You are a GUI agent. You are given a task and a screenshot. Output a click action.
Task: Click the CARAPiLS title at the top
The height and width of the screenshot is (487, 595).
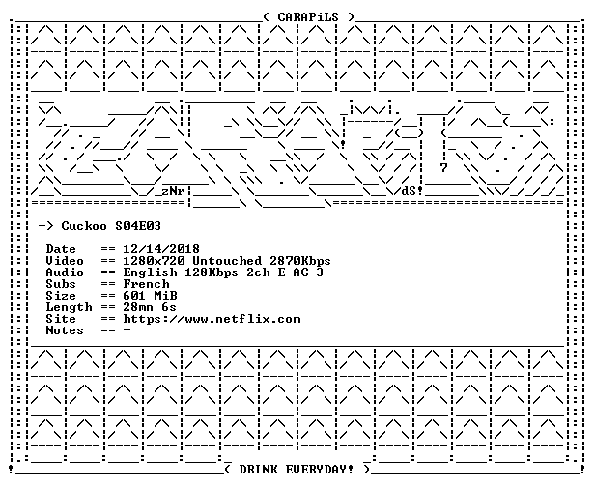[308, 17]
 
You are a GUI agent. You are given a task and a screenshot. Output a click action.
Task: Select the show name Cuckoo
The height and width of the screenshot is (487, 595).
[84, 226]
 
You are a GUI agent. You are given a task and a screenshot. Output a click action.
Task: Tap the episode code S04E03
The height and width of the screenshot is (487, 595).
[138, 226]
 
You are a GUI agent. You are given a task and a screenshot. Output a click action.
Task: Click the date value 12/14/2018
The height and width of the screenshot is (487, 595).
[161, 249]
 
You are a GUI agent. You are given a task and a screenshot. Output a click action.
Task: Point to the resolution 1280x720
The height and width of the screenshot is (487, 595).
[154, 261]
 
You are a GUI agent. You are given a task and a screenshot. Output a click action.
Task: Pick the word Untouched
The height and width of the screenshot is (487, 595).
[227, 261]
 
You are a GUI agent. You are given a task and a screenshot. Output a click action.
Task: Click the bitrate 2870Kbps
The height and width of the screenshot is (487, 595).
[300, 261]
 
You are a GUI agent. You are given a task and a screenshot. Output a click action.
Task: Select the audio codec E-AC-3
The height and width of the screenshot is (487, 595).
[300, 272]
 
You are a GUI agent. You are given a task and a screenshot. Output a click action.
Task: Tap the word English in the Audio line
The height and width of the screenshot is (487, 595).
[150, 272]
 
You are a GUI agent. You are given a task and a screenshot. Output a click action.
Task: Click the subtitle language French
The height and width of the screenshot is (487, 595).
[146, 284]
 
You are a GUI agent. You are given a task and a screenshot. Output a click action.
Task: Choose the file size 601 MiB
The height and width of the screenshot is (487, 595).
[150, 296]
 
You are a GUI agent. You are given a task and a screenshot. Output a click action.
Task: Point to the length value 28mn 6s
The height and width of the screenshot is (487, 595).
[150, 307]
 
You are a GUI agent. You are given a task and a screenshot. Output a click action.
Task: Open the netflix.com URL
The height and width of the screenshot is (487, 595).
[212, 319]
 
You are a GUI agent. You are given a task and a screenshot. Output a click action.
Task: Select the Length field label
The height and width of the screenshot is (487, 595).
[70, 307]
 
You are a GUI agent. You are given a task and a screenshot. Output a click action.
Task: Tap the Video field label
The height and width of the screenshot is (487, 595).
[65, 261]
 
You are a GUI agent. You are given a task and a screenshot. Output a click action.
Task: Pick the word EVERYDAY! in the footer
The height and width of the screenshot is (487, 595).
[319, 470]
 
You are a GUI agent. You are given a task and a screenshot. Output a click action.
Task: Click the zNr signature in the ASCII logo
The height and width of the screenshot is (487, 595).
[173, 191]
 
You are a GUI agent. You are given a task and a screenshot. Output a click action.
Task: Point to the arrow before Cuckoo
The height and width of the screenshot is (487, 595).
[46, 226]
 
